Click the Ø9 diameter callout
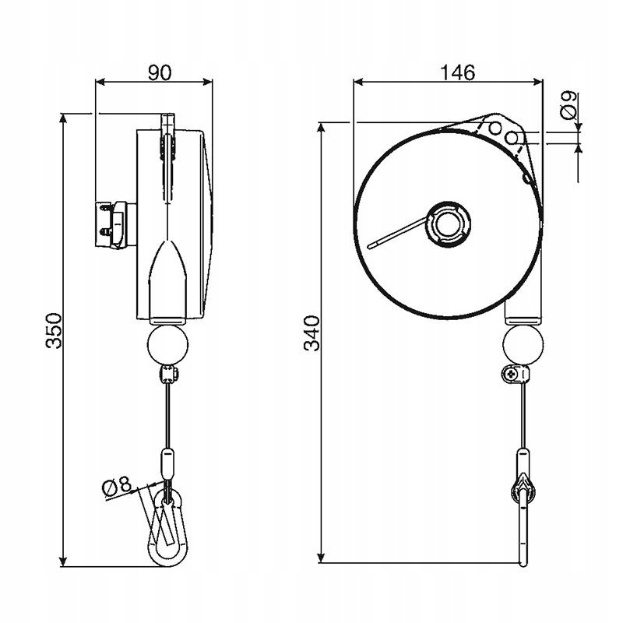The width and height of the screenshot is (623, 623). [x=569, y=104]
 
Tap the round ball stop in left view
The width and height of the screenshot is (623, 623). [x=166, y=344]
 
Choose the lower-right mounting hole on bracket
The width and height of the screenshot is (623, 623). [x=512, y=139]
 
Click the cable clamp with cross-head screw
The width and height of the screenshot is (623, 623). [x=515, y=374]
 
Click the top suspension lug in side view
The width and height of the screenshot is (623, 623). [x=167, y=125]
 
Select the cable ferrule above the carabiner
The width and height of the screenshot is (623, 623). [x=166, y=462]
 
